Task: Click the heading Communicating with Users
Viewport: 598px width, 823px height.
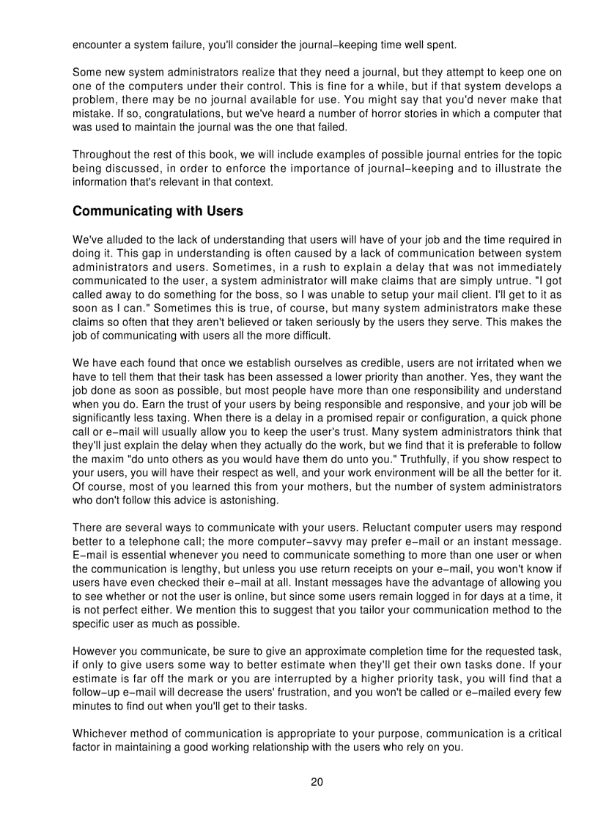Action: pos(158,212)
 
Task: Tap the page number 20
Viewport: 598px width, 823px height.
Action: pos(317,782)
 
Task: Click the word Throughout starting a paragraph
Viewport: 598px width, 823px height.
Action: pos(102,155)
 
